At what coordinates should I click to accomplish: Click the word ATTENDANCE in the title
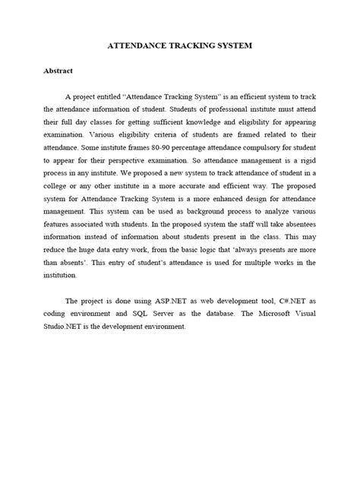[x=141, y=46]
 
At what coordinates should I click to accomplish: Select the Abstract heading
[x=57, y=71]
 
